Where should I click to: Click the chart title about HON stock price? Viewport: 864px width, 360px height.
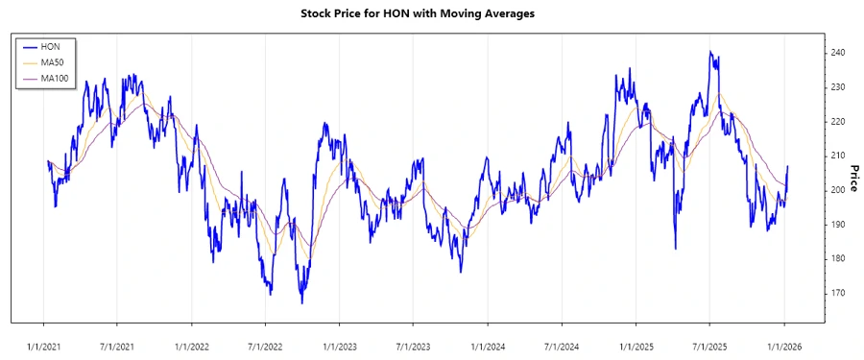(x=431, y=13)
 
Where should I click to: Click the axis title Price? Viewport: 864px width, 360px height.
(x=853, y=177)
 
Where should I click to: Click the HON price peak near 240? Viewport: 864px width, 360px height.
(x=710, y=52)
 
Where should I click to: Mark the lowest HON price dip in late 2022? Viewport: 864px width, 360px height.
(x=301, y=303)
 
